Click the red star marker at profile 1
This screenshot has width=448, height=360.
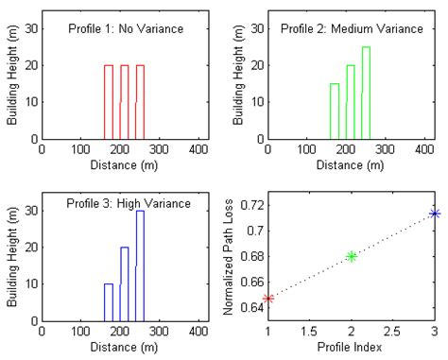pos(268,299)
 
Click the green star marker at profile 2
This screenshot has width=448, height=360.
pos(352,256)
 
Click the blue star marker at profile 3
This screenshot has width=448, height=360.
pos(435,214)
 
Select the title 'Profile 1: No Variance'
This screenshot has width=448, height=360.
pos(126,29)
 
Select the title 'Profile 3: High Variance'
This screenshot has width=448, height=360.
pos(129,203)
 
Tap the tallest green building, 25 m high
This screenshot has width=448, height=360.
pos(366,93)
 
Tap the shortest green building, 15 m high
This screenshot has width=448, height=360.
pos(335,111)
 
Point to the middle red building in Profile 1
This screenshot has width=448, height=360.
pos(125,102)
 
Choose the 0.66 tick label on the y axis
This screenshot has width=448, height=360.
pos(250,282)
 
